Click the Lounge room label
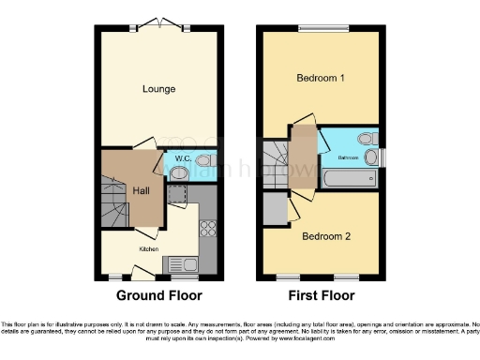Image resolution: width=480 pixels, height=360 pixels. click(x=159, y=90)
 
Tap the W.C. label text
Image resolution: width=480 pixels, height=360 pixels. click(x=184, y=159)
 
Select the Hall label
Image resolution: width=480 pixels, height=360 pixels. click(x=141, y=190)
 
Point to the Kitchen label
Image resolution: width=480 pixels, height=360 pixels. click(x=149, y=248)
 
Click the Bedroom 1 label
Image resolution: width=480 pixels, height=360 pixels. click(x=320, y=78)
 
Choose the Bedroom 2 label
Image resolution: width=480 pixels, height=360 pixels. click(x=325, y=236)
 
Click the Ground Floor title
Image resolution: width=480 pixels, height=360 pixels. click(x=159, y=295)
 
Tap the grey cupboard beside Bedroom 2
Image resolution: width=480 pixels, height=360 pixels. click(x=275, y=209)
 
